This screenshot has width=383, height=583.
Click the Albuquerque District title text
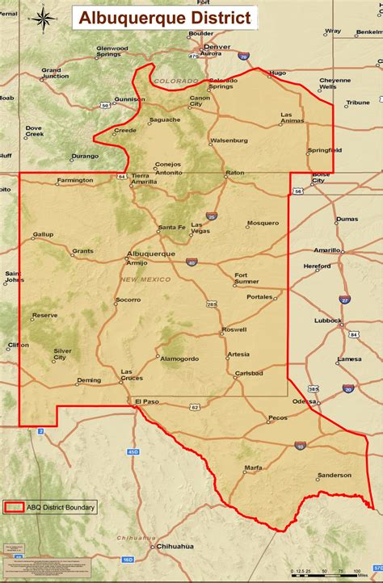pos(165,19)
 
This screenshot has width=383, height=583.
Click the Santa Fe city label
pos(171,227)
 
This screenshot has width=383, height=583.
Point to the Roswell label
pos(234,329)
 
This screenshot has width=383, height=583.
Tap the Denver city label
pos(217,47)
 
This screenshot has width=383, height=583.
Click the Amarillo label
pos(327,250)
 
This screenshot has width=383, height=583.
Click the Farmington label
pos(75,180)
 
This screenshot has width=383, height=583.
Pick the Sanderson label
pos(334,476)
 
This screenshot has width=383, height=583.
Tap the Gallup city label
pos(43,234)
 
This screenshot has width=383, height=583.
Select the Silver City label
pos(62,354)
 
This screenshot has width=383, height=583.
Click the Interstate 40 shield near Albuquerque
pos(191,262)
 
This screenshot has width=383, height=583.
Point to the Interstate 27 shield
pos(344,299)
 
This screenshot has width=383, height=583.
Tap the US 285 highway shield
pos(212,304)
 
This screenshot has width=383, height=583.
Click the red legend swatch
pos(14,507)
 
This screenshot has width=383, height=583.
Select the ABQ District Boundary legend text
pos(61,507)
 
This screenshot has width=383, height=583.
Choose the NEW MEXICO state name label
pos(145,279)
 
